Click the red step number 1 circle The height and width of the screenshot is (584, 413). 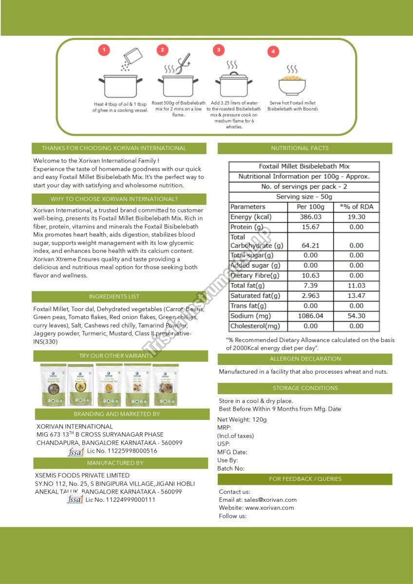[x=104, y=50]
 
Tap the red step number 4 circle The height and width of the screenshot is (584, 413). [x=273, y=51]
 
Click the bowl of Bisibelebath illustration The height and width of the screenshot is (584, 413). [x=292, y=84]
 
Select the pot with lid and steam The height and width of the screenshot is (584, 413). [x=232, y=83]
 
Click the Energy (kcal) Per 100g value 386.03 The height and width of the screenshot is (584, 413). [x=310, y=217]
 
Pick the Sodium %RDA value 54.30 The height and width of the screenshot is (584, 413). [x=357, y=316]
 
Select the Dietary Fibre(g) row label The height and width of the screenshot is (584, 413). [x=255, y=275]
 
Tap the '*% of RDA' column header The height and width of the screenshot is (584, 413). [x=357, y=207]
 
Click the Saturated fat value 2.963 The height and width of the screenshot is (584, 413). [x=310, y=295]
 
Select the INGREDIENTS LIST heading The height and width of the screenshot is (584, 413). [x=119, y=296]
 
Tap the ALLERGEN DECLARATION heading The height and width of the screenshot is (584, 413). [x=305, y=359]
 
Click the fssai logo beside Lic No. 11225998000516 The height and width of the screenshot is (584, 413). [x=75, y=452]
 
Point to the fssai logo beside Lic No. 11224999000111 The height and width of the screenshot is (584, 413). [x=75, y=500]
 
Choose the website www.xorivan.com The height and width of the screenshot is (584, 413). [x=269, y=508]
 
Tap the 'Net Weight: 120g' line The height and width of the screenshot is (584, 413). [x=242, y=420]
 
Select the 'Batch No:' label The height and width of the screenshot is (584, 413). [x=231, y=468]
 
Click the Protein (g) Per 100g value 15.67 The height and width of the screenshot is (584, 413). [x=310, y=227]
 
